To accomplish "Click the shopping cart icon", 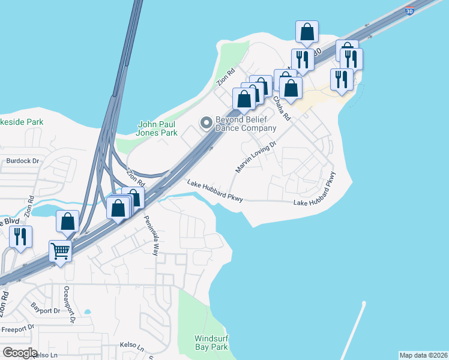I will (x=60, y=251).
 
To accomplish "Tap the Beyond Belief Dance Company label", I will (x=246, y=124).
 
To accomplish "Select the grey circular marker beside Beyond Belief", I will (x=206, y=123).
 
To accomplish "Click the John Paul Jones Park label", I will (x=158, y=128).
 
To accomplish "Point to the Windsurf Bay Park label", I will (x=211, y=343).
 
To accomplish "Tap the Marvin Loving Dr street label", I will (x=255, y=157).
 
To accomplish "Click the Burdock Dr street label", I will (x=22, y=161).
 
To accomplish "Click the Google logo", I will (x=19, y=353).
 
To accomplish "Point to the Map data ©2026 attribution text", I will (x=423, y=355).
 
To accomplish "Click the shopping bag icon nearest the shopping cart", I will (x=68, y=221).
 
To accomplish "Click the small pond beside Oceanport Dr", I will (x=88, y=312).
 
